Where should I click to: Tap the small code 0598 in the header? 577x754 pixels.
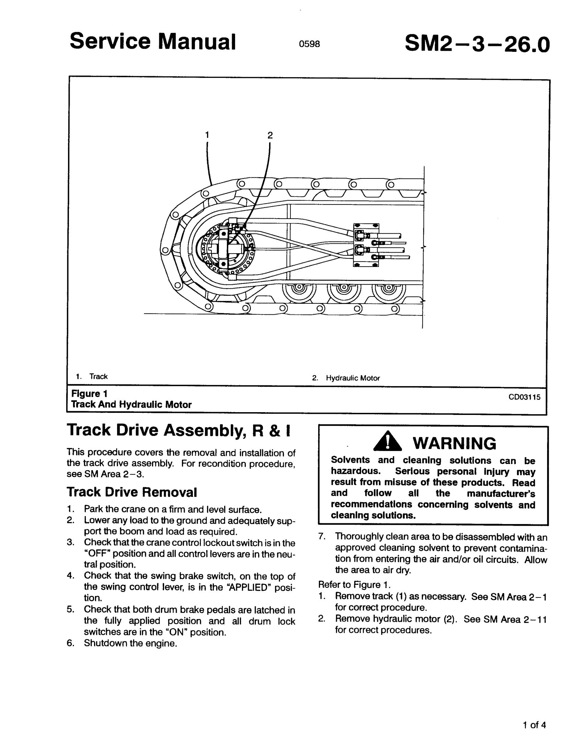pyautogui.click(x=309, y=44)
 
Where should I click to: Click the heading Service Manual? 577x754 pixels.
pyautogui.click(x=153, y=42)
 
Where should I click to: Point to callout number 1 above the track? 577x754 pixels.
pyautogui.click(x=207, y=135)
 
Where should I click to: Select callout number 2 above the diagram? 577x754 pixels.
pyautogui.click(x=270, y=135)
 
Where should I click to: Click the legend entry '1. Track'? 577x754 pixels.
pyautogui.click(x=92, y=376)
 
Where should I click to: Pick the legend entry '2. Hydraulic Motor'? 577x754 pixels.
pyautogui.click(x=346, y=378)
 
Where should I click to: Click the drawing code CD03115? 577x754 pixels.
pyautogui.click(x=524, y=397)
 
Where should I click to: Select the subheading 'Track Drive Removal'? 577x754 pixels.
pyautogui.click(x=132, y=492)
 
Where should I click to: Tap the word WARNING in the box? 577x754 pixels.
pyautogui.click(x=454, y=443)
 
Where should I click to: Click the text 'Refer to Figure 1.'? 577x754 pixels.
pyautogui.click(x=354, y=585)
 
